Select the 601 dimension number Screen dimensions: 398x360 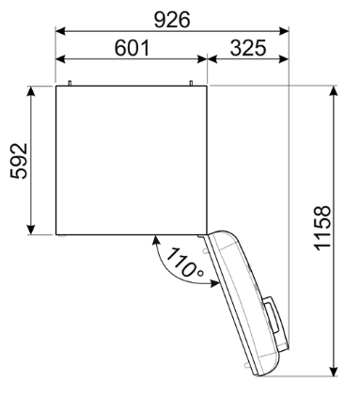133,47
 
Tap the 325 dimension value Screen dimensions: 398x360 246,47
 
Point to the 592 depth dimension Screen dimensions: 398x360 18,160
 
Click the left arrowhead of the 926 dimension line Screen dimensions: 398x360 60,31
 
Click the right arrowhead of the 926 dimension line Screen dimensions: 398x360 285,31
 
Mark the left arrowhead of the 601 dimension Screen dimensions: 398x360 60,61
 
